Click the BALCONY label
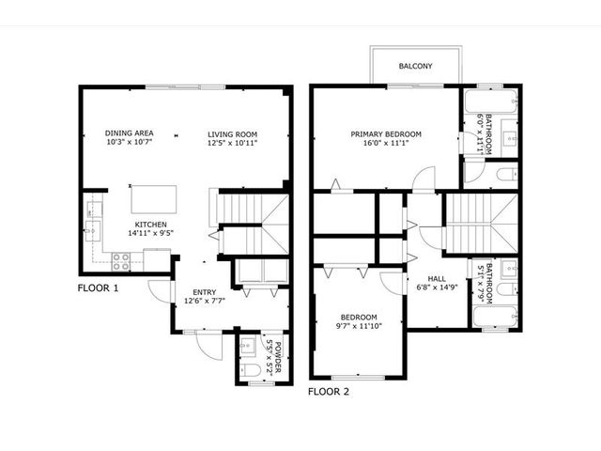pyautogui.click(x=415, y=66)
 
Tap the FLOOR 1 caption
pyautogui.click(x=98, y=288)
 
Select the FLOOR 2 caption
pyautogui.click(x=329, y=392)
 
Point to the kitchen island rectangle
pyautogui.click(x=154, y=199)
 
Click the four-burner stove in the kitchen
pyautogui.click(x=121, y=261)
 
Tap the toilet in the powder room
pyautogui.click(x=251, y=370)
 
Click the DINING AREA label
pyautogui.click(x=130, y=133)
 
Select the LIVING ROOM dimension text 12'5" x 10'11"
pyautogui.click(x=232, y=143)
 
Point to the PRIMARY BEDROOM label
pyautogui.click(x=386, y=134)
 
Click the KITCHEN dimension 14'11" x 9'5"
pyautogui.click(x=150, y=233)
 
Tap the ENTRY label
pyautogui.click(x=205, y=292)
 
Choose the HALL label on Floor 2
pyautogui.click(x=437, y=279)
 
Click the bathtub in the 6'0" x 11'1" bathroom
pyautogui.click(x=491, y=101)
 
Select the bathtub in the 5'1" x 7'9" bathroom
pyautogui.click(x=496, y=317)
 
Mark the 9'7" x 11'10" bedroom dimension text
pyautogui.click(x=359, y=326)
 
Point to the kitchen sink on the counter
pyautogui.click(x=93, y=231)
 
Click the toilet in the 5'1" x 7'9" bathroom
pyautogui.click(x=507, y=289)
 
